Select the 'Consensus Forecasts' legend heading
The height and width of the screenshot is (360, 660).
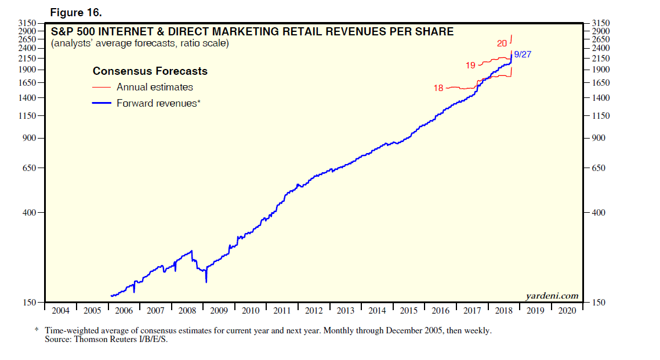(x=150, y=71)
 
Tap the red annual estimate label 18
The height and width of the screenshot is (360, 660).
(x=438, y=88)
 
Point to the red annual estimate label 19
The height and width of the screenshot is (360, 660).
(x=470, y=66)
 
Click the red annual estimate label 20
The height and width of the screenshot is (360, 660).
(x=502, y=43)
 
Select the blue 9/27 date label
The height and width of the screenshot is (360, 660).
(x=523, y=54)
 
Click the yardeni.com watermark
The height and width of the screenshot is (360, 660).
(x=552, y=296)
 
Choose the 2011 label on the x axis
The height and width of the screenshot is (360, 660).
(x=282, y=310)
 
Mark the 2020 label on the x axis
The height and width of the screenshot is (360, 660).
(x=567, y=310)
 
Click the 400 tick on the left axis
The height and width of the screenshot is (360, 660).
(x=29, y=213)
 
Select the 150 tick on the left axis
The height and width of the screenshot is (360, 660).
(x=29, y=302)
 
